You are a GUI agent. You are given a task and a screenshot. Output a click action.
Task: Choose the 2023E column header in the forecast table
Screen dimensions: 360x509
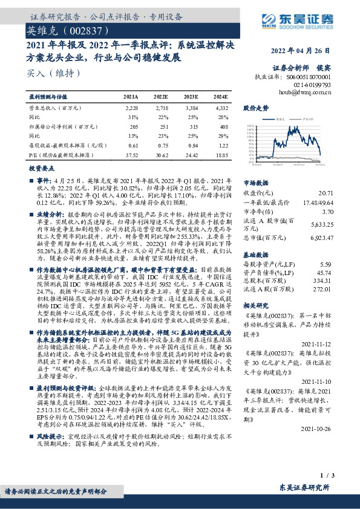tap(192, 97)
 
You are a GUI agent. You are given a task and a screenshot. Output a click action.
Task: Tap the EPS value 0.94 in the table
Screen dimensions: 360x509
tap(192, 145)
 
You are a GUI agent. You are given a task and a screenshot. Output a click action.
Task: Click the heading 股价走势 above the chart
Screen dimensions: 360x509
tap(255, 108)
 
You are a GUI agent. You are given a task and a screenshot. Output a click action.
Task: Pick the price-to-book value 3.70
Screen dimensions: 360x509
tap(327, 212)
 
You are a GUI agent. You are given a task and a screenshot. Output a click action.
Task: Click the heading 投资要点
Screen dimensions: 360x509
tap(42, 169)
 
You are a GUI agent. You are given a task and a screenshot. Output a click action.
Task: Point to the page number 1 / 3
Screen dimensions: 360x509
tap(326, 478)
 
